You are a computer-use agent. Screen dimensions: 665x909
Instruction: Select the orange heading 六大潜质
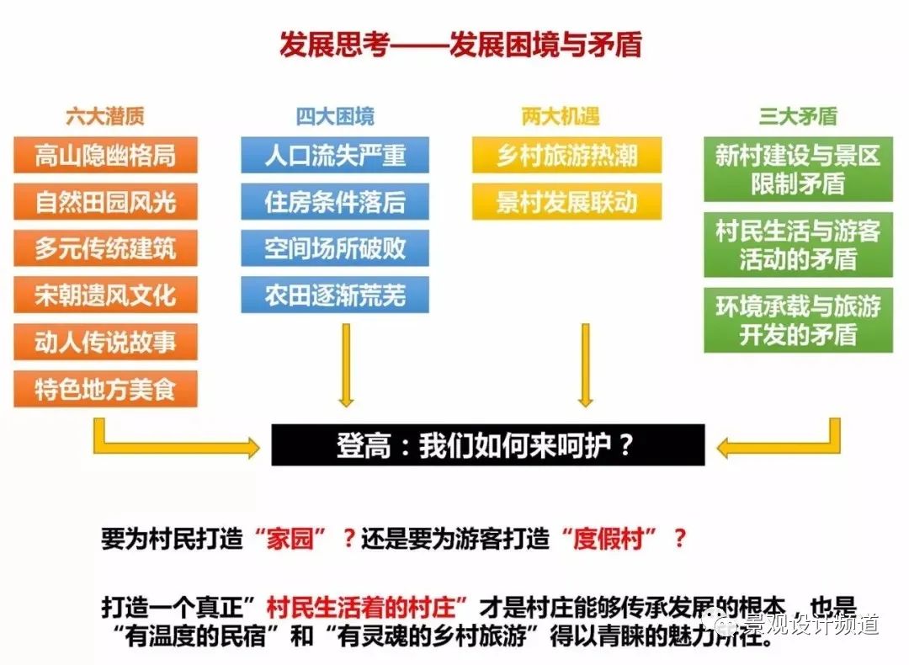(105, 116)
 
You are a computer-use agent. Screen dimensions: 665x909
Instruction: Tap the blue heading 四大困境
(335, 116)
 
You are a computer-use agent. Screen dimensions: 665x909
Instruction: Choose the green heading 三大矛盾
(798, 116)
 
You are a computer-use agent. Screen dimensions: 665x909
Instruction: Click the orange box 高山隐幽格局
(106, 155)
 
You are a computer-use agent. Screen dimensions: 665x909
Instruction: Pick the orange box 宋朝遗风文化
(106, 295)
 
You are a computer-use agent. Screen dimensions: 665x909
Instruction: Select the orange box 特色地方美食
(106, 389)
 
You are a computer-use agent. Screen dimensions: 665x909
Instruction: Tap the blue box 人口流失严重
(335, 155)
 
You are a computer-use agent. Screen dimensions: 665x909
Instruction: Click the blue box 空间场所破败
(335, 248)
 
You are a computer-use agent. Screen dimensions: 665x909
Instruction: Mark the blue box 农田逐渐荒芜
(335, 295)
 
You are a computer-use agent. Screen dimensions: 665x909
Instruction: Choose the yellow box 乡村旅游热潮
(566, 155)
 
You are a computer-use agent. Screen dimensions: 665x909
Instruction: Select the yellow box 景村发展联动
(566, 202)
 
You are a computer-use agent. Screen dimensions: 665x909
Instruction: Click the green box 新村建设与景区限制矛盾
(798, 169)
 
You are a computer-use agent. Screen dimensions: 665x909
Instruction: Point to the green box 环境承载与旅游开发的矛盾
(798, 319)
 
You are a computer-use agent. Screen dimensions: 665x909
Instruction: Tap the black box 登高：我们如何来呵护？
(487, 445)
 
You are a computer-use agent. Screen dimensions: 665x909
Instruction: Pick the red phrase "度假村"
(609, 540)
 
